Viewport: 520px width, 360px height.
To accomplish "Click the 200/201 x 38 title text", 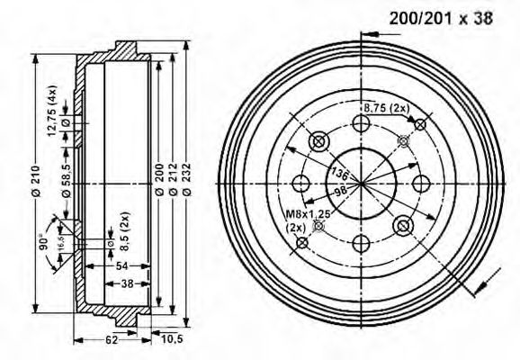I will (441, 17).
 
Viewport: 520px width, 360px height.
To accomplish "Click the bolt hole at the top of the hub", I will (362, 124).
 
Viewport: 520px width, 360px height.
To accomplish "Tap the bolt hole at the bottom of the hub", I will (362, 242).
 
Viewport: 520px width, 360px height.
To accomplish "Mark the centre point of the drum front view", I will (362, 183).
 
